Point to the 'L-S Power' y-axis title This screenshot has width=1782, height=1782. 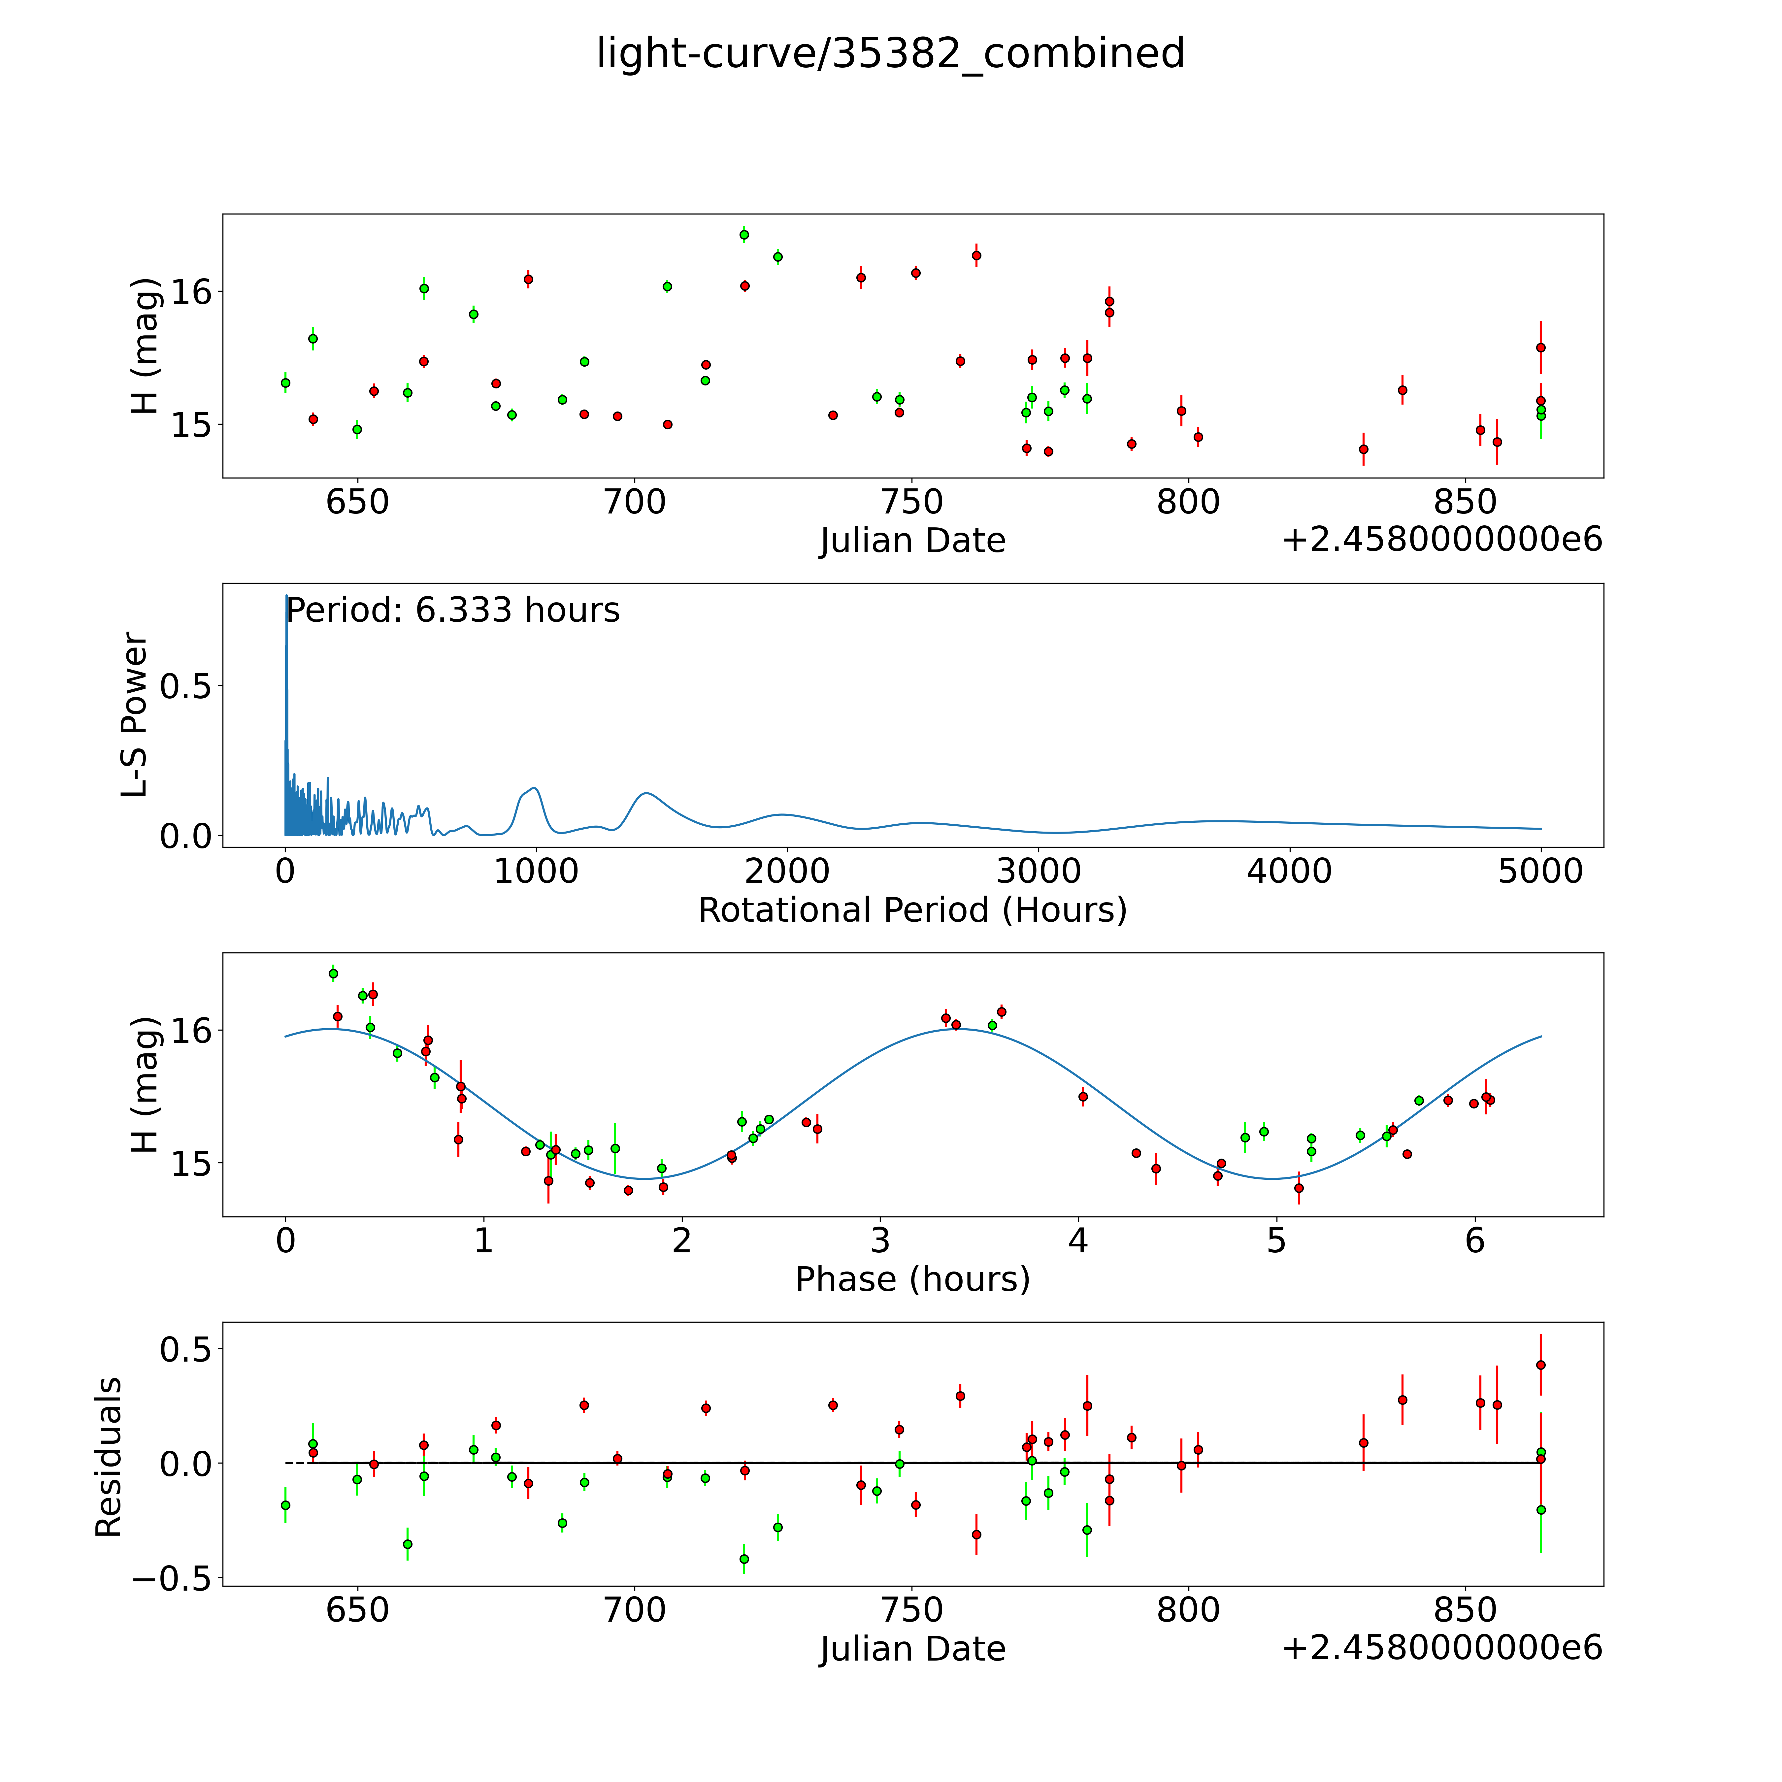[135, 715]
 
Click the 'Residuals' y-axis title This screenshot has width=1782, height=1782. [109, 1457]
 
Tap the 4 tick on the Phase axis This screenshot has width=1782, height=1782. [1078, 1240]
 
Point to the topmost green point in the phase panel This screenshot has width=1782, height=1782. [333, 973]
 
